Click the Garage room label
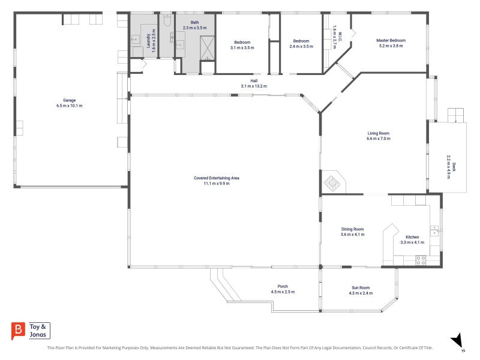point(70,100)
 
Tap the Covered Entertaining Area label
point(217,178)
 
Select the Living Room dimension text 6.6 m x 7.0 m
point(379,139)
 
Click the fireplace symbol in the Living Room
point(332,183)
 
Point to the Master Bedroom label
point(391,40)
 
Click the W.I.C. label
point(340,37)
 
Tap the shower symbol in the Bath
point(207,48)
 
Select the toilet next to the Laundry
point(167,20)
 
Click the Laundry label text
point(148,41)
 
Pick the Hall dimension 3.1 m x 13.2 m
point(254,86)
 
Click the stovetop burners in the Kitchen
point(421,260)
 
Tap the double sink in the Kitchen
point(434,231)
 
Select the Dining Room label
point(352,229)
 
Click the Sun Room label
point(361,288)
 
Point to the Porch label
point(283,287)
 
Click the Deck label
point(454,167)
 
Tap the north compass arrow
point(457,340)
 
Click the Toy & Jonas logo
point(31,331)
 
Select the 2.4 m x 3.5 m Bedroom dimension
point(301,47)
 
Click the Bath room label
point(194,22)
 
